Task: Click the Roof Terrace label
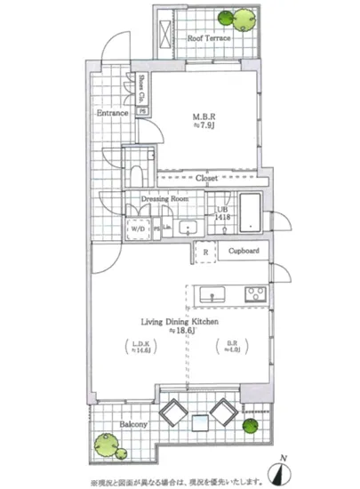209,39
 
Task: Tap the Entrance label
113,113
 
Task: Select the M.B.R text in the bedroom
206,116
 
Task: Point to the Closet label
207,179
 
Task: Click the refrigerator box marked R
205,253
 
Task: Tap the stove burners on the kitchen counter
255,293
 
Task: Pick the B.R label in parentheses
230,349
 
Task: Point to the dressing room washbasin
188,227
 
